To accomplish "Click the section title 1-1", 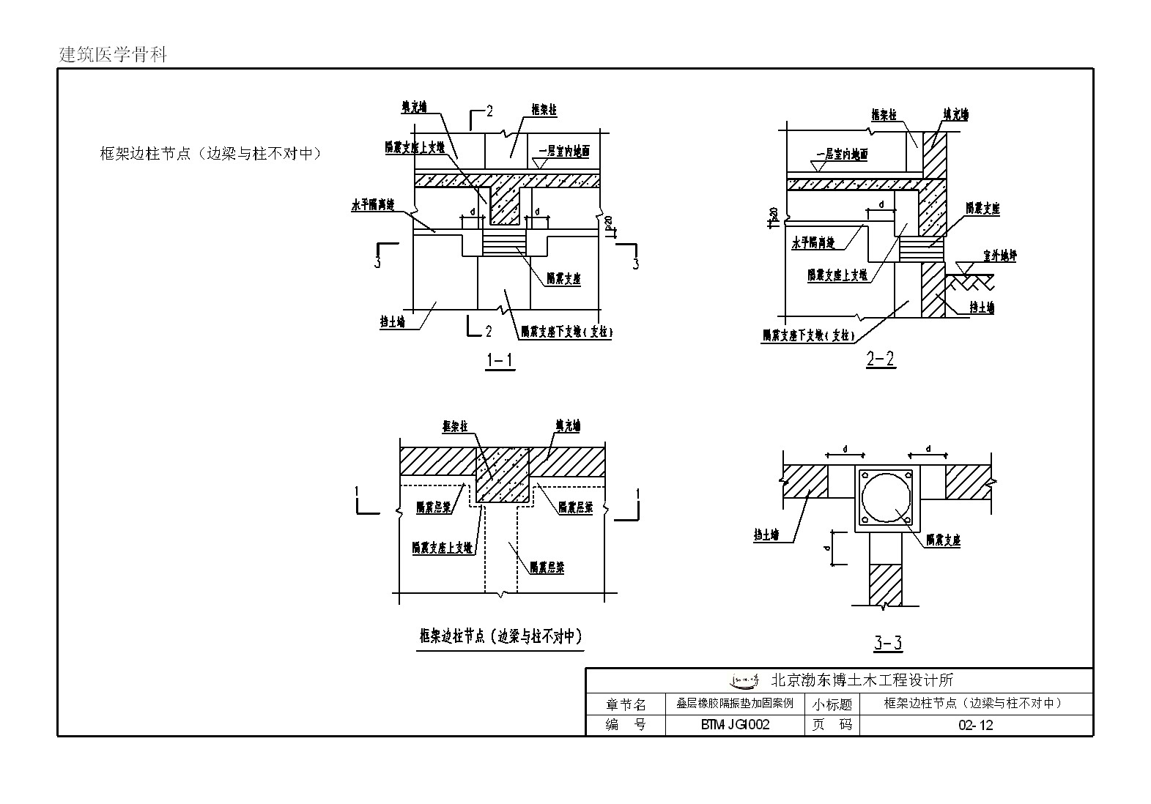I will (500, 360).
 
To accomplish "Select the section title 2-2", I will (881, 360).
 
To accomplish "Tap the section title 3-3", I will (888, 644).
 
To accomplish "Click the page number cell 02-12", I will (975, 725).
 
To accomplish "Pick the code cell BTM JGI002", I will (735, 725).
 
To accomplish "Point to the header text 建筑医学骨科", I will (113, 55).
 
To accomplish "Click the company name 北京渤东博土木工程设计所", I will (862, 680).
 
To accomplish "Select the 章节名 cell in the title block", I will (626, 704).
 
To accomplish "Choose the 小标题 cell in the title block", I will (832, 704).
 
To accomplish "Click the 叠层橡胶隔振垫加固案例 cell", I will (735, 704).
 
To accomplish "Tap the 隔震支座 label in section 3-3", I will (943, 540).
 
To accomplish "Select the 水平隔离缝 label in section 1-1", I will (373, 206).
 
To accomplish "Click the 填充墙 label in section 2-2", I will (955, 115).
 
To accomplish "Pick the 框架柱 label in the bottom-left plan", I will (456, 427).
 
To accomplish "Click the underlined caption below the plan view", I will (501, 636).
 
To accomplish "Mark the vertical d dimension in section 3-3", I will (827, 547).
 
